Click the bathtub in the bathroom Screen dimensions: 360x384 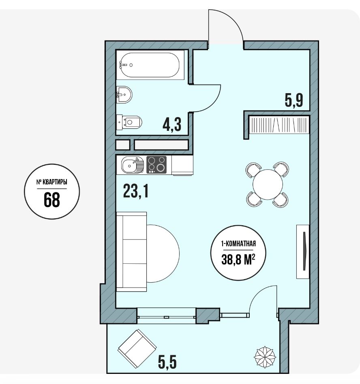(x=150, y=65)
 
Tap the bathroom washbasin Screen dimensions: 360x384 (x=124, y=95)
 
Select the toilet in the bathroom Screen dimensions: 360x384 (x=129, y=122)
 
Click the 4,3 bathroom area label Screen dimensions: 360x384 (x=172, y=124)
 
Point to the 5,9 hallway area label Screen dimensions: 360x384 (x=294, y=100)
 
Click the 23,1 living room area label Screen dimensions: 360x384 (x=136, y=191)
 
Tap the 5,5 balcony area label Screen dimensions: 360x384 (x=167, y=362)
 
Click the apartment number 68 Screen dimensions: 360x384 (x=52, y=199)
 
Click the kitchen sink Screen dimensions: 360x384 (x=133, y=165)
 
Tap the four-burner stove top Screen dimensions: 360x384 (x=156, y=165)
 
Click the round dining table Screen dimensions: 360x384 (x=268, y=184)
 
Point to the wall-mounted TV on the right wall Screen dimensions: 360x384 (x=303, y=252)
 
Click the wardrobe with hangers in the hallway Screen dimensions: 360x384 (x=279, y=125)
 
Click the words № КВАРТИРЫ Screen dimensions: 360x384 (x=52, y=182)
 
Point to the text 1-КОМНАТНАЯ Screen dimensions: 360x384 (x=238, y=244)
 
